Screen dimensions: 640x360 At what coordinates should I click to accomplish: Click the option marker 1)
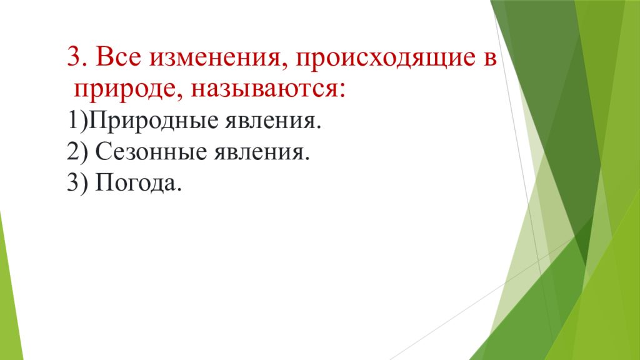[x=77, y=121]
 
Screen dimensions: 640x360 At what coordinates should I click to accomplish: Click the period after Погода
[x=178, y=190]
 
